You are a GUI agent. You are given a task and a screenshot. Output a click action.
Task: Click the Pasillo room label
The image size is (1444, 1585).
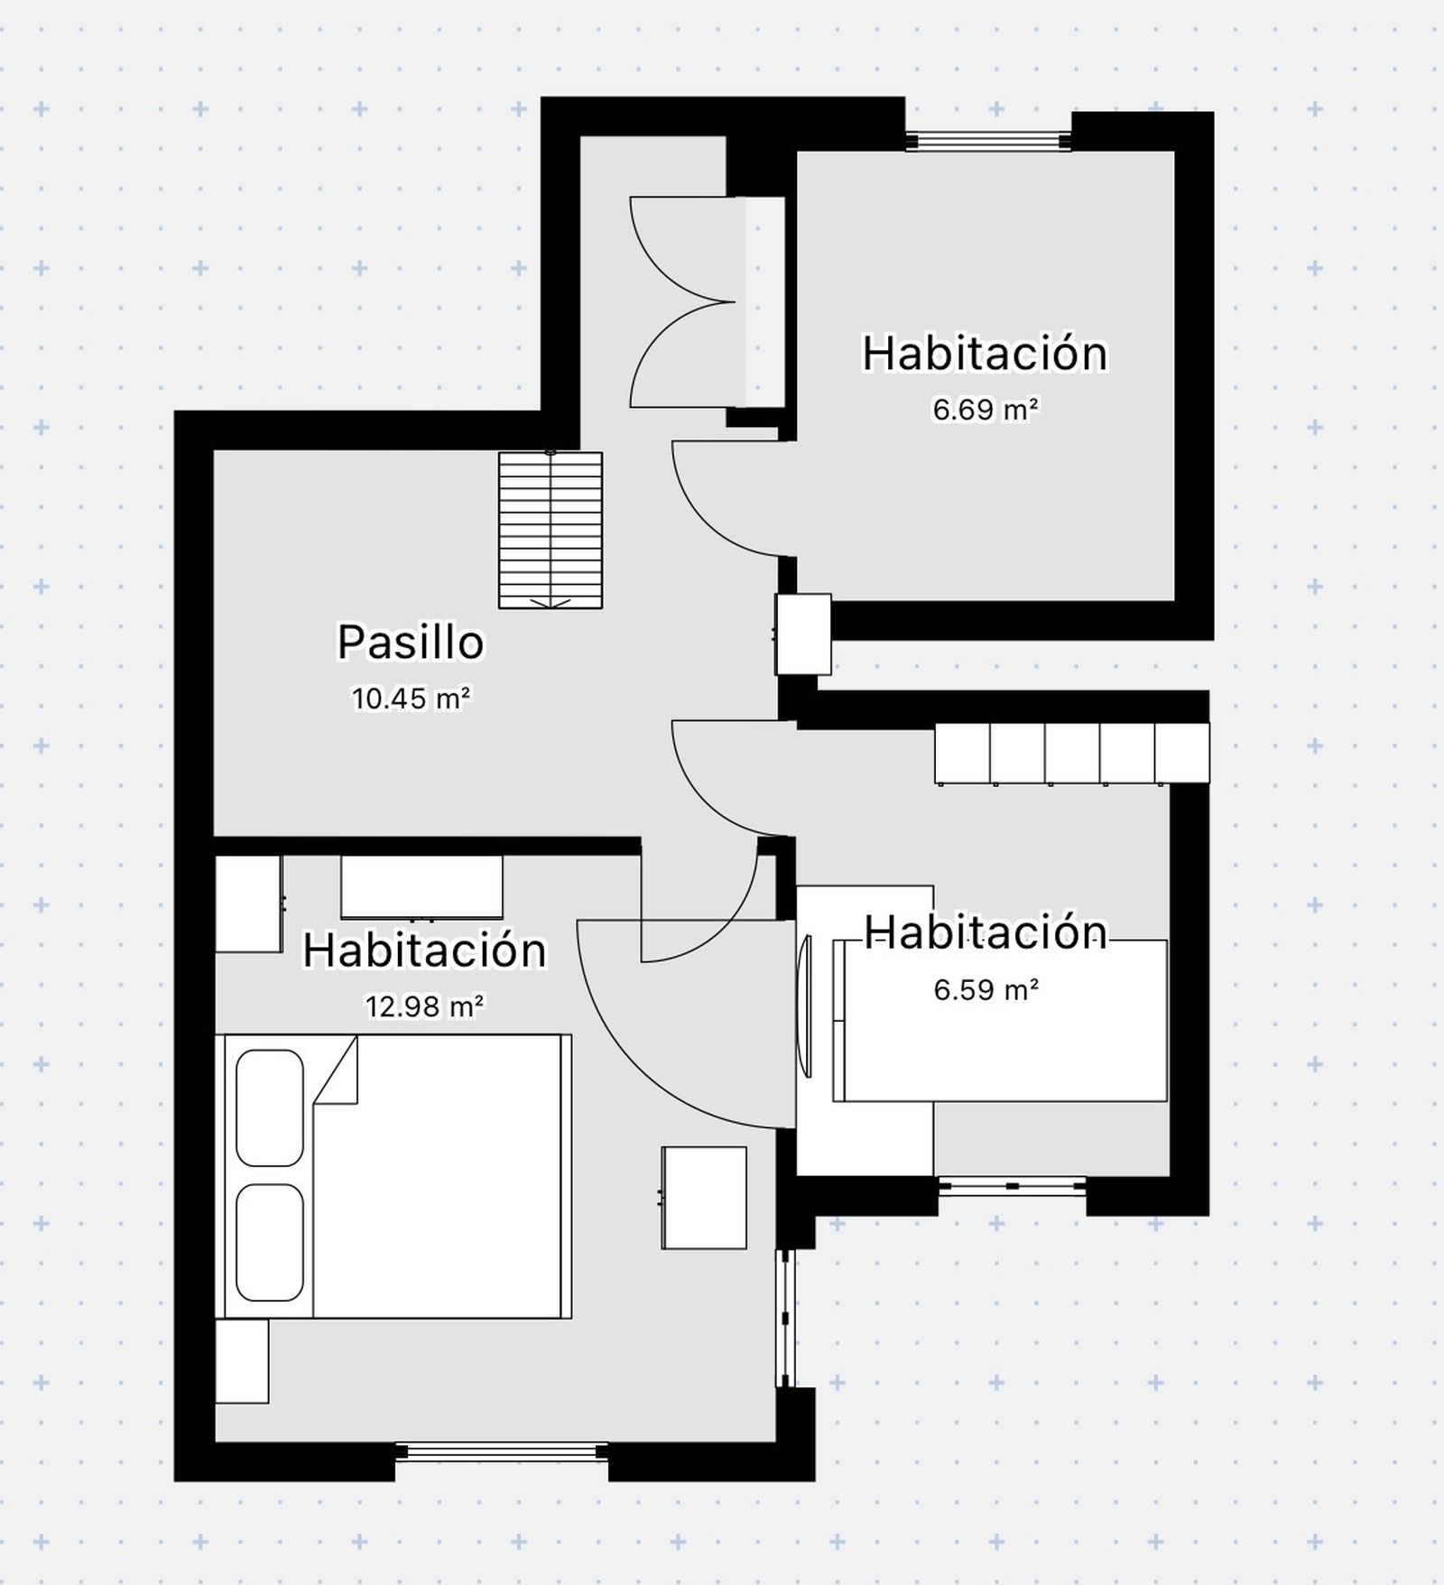(411, 643)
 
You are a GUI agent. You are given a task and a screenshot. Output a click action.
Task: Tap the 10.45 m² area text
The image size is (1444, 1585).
(412, 698)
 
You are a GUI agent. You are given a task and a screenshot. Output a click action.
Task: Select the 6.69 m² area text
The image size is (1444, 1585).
(986, 410)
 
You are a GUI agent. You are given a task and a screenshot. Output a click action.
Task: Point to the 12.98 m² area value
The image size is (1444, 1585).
(424, 1006)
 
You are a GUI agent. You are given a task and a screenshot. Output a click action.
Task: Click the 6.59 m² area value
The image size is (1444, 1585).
(986, 990)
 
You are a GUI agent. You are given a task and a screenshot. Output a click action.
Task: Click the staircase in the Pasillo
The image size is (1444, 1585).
(551, 530)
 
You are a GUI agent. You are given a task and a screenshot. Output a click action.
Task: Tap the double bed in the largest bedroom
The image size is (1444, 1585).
(393, 1176)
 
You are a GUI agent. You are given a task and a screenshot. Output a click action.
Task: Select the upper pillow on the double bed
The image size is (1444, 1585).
(269, 1108)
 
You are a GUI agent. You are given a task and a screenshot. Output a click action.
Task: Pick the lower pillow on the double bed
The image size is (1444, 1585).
(269, 1242)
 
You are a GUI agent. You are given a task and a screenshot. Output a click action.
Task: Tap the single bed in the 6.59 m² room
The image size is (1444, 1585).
(1000, 1020)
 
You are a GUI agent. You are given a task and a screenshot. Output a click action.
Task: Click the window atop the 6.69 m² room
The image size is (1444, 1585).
(988, 140)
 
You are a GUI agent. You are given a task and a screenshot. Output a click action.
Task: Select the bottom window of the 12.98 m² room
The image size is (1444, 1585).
(502, 1451)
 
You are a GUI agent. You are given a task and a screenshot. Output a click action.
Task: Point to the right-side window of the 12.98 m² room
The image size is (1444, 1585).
(786, 1318)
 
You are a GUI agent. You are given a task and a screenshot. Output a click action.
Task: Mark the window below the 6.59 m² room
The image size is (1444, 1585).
(1012, 1186)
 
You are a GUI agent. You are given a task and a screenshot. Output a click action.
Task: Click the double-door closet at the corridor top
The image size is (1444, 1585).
(708, 301)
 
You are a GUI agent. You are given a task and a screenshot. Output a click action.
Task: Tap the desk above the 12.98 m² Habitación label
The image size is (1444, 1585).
(421, 887)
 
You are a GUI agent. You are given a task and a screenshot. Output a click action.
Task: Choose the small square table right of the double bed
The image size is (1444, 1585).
(704, 1198)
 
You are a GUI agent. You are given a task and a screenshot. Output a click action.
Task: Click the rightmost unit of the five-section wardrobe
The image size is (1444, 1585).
(1182, 753)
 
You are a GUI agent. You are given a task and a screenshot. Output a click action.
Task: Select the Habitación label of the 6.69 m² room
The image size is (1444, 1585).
(986, 353)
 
